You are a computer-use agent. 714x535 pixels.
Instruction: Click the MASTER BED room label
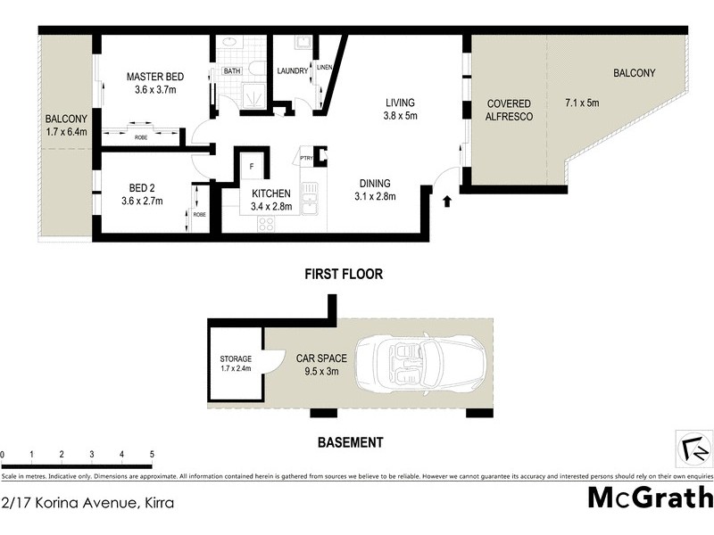pos(155,77)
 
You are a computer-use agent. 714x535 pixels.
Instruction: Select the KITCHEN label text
pos(270,193)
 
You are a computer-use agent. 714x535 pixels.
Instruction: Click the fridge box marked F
pos(252,167)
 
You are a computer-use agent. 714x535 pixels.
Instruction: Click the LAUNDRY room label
pos(292,71)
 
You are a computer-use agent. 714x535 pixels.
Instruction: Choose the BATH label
pos(232,71)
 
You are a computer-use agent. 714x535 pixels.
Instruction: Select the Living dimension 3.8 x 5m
pos(401,115)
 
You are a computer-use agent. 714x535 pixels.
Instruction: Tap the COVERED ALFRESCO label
pos(508,110)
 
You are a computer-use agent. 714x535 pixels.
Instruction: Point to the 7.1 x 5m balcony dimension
pos(582,103)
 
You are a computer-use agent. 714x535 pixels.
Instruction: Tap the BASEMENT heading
pos(351,441)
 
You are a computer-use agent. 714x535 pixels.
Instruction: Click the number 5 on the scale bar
pos(153,455)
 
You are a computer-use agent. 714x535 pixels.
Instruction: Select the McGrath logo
pos(650,497)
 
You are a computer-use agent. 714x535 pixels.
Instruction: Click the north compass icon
pos(691,447)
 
